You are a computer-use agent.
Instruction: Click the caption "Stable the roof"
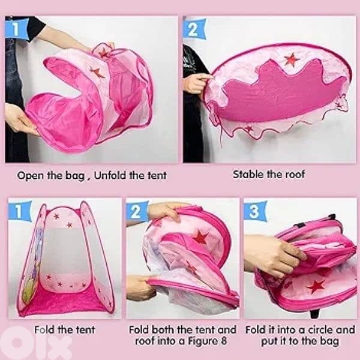(x=269, y=175)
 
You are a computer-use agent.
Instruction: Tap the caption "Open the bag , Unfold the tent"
(x=92, y=176)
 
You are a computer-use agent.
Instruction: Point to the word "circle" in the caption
(x=323, y=329)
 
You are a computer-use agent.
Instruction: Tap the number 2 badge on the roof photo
(x=194, y=28)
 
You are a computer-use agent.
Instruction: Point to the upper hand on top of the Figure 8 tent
(x=164, y=211)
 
